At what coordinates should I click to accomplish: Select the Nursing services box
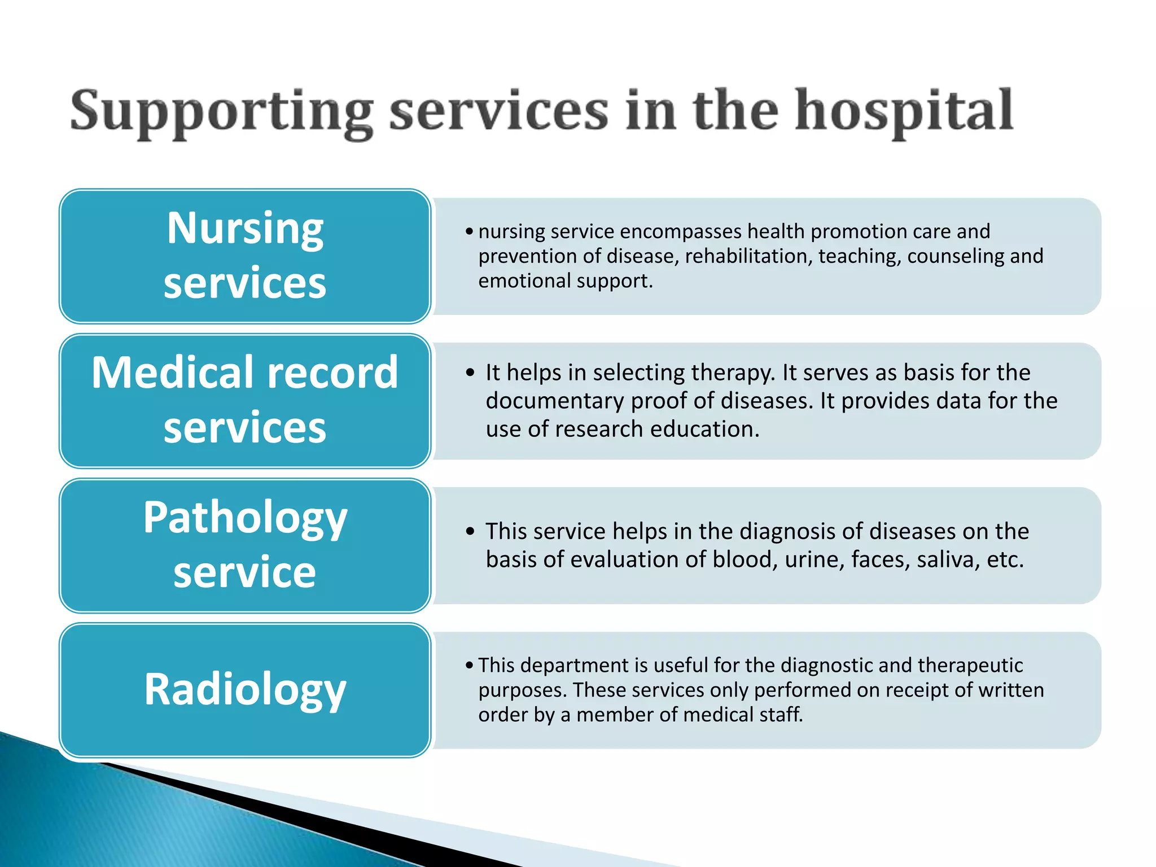(x=244, y=256)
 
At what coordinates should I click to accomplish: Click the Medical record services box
(x=244, y=400)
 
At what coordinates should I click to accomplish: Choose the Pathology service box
(x=244, y=545)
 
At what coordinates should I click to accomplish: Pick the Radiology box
(x=244, y=690)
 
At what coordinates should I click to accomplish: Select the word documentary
(x=555, y=401)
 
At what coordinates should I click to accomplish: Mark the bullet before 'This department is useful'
(x=469, y=665)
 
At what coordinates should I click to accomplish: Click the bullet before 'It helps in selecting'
(x=470, y=373)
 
